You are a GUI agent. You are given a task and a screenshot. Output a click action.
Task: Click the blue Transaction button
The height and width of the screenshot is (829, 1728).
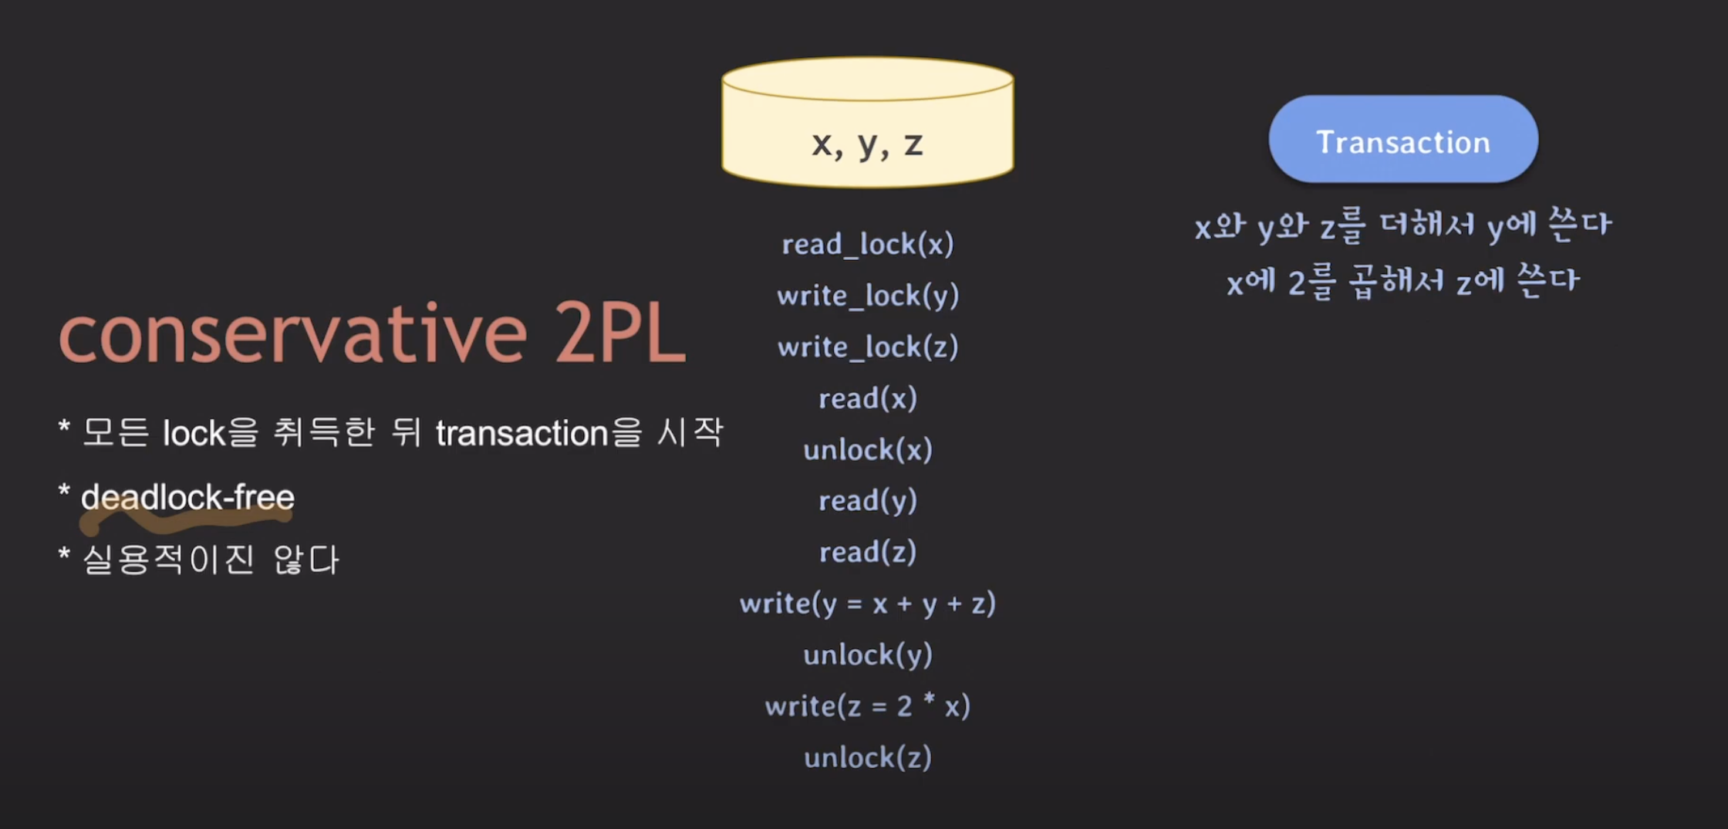pyautogui.click(x=1402, y=140)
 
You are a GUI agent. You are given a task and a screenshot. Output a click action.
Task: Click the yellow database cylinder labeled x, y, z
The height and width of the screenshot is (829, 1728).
pyautogui.click(x=867, y=124)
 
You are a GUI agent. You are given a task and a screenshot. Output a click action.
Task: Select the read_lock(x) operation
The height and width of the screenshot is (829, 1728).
pyautogui.click(x=867, y=245)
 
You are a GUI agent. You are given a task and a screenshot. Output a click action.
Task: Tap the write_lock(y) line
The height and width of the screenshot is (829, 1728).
pyautogui.click(x=867, y=296)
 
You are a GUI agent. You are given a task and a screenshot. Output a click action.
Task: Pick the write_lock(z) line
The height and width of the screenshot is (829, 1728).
pyautogui.click(x=867, y=347)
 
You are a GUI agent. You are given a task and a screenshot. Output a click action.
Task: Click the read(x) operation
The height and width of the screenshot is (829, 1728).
pyautogui.click(x=867, y=398)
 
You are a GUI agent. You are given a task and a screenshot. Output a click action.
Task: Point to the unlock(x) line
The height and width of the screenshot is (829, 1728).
pyautogui.click(x=867, y=450)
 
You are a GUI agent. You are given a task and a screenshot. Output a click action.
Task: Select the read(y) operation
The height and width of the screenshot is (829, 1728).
pyautogui.click(x=867, y=501)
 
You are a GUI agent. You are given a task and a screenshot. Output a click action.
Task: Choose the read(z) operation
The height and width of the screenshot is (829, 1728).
pyautogui.click(x=867, y=553)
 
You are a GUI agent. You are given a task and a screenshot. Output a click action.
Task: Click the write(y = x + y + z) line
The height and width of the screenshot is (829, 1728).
pyautogui.click(x=867, y=604)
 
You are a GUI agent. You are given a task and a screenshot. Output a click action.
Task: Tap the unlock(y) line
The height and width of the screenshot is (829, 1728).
pyautogui.click(x=867, y=655)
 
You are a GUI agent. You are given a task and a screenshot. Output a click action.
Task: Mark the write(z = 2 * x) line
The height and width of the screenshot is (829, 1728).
pyautogui.click(x=867, y=706)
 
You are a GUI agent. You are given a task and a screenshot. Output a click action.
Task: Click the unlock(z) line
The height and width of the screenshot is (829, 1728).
pyautogui.click(x=867, y=758)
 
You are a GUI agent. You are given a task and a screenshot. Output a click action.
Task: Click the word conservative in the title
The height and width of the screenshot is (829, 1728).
pyautogui.click(x=293, y=336)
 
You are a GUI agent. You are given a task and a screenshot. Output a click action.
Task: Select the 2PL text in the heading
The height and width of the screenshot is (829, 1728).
pyautogui.click(x=619, y=336)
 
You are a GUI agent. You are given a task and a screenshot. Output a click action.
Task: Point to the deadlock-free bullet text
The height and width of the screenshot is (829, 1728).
pyautogui.click(x=187, y=497)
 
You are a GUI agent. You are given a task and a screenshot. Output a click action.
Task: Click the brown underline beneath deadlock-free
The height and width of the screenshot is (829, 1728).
pyautogui.click(x=185, y=523)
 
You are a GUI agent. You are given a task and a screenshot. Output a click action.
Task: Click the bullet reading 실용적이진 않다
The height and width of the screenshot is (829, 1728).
pyautogui.click(x=210, y=560)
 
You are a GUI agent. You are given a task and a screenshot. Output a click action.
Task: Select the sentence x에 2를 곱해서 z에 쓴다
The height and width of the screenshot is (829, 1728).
pyautogui.click(x=1402, y=281)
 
